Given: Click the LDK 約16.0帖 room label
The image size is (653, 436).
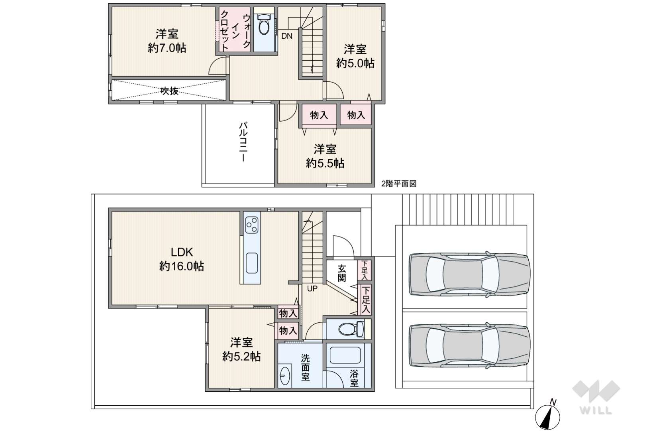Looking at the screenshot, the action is point(181,259).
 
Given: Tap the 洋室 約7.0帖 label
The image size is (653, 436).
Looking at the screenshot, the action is point(167,41).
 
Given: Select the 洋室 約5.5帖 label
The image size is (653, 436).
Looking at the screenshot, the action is point(325,156).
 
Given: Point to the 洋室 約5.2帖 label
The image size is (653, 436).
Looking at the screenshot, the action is point(241,349).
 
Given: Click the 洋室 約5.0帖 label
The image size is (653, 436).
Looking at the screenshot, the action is point(355,56).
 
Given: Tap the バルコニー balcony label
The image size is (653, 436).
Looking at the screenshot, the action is point(243,142).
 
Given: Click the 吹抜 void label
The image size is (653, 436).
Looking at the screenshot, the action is point(169,91).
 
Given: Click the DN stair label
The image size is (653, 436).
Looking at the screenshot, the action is point(287,36).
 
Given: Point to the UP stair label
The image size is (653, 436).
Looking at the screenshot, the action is point(312,289).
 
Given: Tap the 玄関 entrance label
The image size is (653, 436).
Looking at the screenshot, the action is point(342,273).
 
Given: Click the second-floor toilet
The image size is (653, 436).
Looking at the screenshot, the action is point(264,25).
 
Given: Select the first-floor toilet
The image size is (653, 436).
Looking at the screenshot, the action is point(351,329).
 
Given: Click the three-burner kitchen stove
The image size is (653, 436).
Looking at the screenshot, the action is point(252,225).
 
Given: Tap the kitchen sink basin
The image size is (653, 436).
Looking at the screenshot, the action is point(251,263).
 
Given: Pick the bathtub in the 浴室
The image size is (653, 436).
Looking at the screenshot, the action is point(345,355).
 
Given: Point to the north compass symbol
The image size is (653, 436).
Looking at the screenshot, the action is point(547,416).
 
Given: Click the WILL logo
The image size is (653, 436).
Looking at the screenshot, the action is point(596,397).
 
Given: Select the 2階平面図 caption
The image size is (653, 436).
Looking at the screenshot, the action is point(399,183).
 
